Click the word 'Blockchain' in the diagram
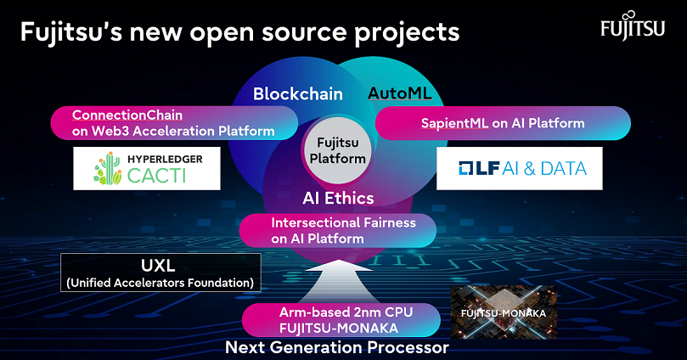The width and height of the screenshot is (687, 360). pyautogui.click(x=297, y=94)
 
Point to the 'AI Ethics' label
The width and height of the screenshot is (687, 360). pyautogui.click(x=338, y=199)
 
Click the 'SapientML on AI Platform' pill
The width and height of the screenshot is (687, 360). pyautogui.click(x=503, y=123)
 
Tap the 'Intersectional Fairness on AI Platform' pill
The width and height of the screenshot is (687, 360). pyautogui.click(x=338, y=231)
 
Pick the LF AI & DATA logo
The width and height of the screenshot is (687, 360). pyautogui.click(x=519, y=168)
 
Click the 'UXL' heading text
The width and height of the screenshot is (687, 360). pyautogui.click(x=159, y=265)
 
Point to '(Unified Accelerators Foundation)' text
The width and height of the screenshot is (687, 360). pyautogui.click(x=160, y=282)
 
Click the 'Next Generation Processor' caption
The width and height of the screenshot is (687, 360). pyautogui.click(x=336, y=348)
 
